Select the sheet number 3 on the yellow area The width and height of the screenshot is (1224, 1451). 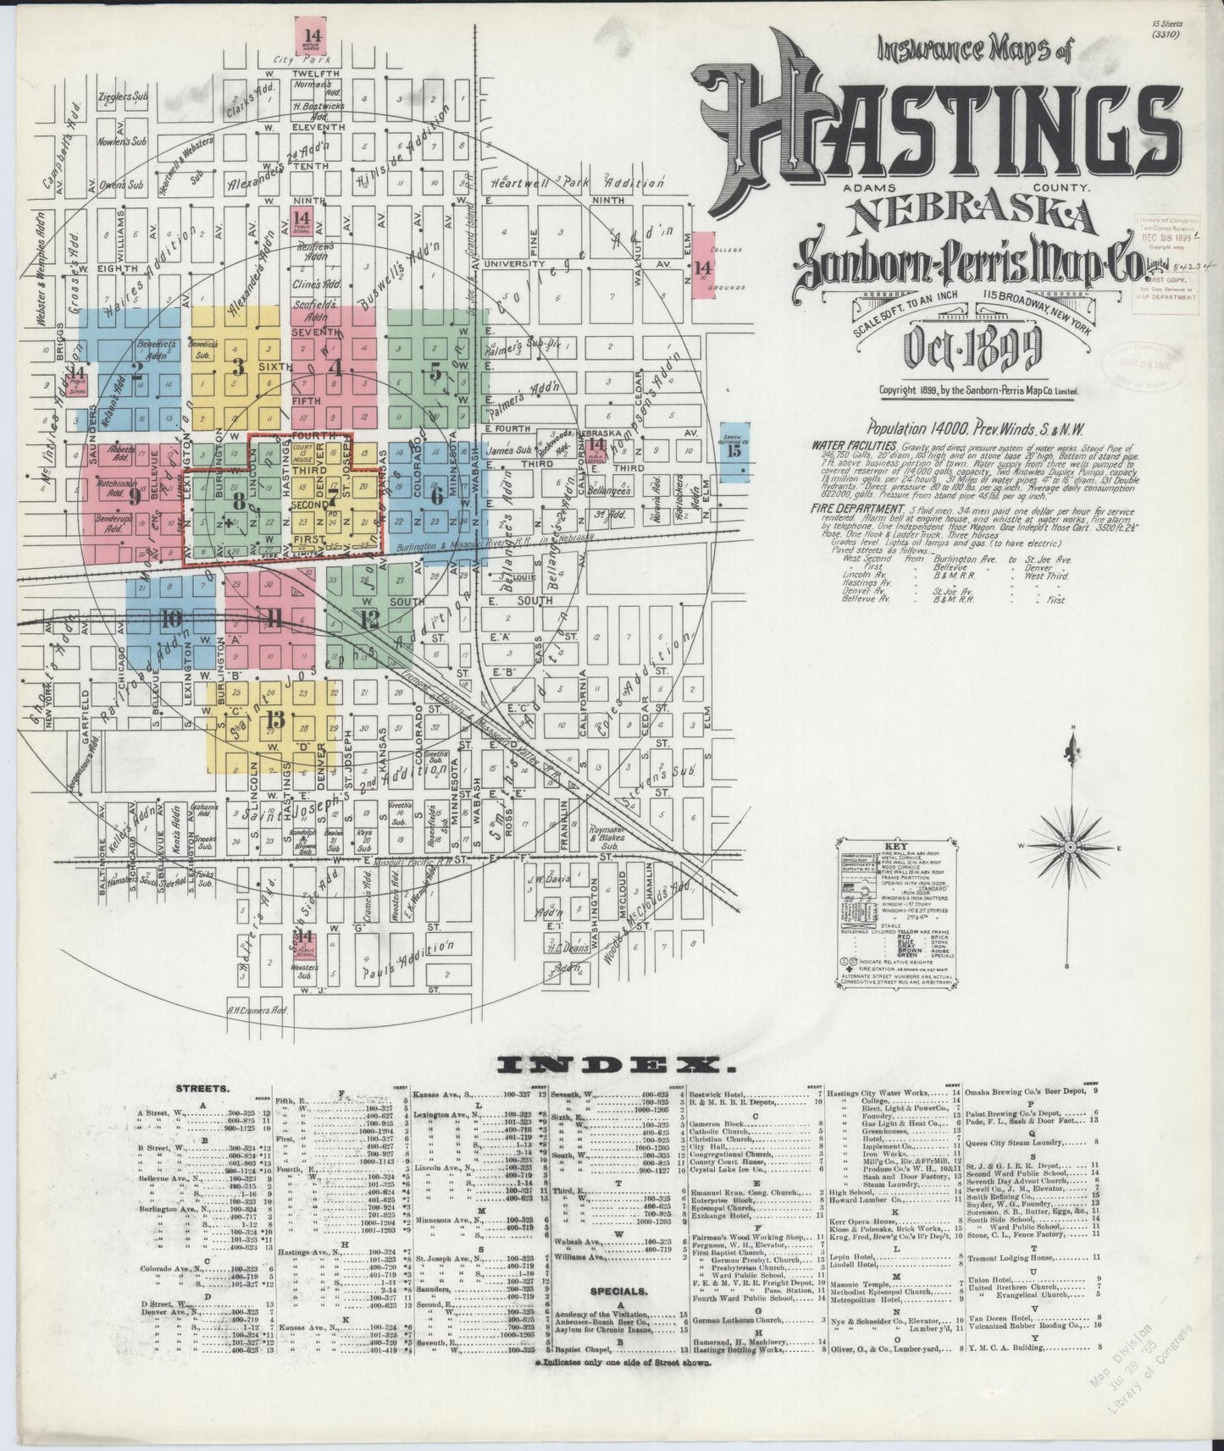click(238, 367)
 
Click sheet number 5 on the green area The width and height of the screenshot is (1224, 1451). click(435, 370)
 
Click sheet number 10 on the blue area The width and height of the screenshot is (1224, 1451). click(172, 618)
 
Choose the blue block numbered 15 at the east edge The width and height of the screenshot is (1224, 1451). click(734, 450)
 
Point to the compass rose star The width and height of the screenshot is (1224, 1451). click(1071, 847)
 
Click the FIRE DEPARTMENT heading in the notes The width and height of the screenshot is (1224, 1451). click(851, 509)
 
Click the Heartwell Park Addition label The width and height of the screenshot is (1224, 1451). click(579, 183)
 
